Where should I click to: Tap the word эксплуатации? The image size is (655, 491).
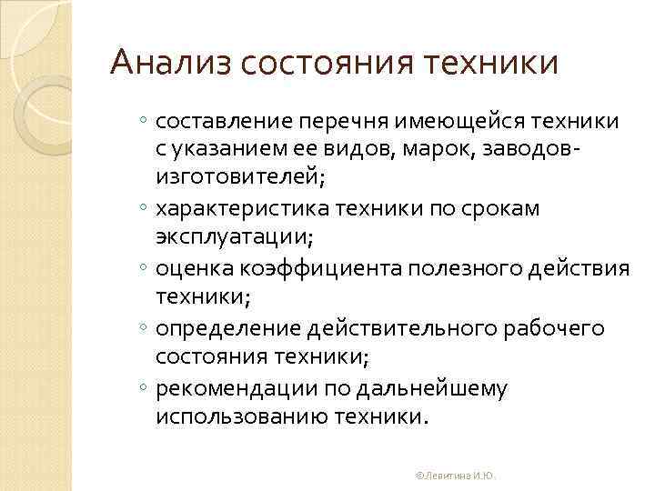(x=234, y=239)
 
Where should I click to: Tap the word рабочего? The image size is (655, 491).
(x=555, y=328)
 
